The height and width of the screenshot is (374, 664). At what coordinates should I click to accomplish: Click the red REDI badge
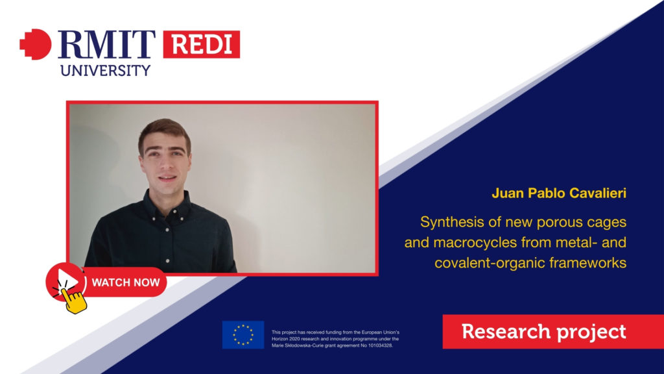pos(202,44)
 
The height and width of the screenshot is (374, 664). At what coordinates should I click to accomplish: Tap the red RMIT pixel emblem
pos(36,44)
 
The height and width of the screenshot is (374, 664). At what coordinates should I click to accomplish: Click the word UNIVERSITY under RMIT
pos(106,70)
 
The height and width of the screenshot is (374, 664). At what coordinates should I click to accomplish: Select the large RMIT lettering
pos(107,44)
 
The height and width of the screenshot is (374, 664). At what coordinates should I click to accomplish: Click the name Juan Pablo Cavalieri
pos(559,193)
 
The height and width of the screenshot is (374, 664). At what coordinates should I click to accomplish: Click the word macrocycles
pos(475,243)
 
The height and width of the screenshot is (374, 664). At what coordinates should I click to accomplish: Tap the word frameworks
pos(587,263)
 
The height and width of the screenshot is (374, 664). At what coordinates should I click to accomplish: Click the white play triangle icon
pos(67,281)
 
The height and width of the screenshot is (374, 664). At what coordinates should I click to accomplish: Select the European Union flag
pos(243,335)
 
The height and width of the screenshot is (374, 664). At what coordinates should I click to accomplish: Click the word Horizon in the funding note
pos(280,339)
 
